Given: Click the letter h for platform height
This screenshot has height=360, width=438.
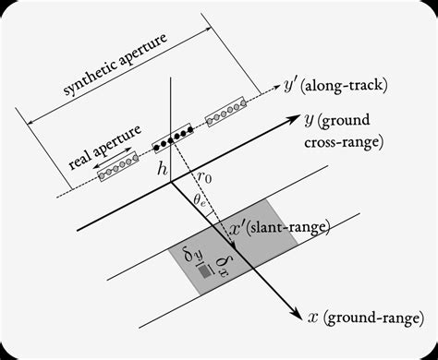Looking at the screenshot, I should tap(163, 168).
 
